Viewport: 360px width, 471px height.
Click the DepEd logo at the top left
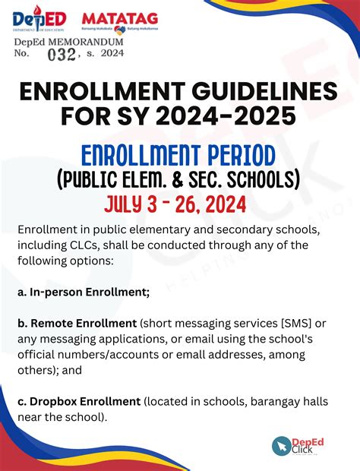[39, 18]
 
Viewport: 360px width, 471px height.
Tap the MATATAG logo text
[109, 16]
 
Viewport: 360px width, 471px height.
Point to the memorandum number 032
[62, 55]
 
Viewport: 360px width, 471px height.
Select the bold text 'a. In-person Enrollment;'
[83, 292]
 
